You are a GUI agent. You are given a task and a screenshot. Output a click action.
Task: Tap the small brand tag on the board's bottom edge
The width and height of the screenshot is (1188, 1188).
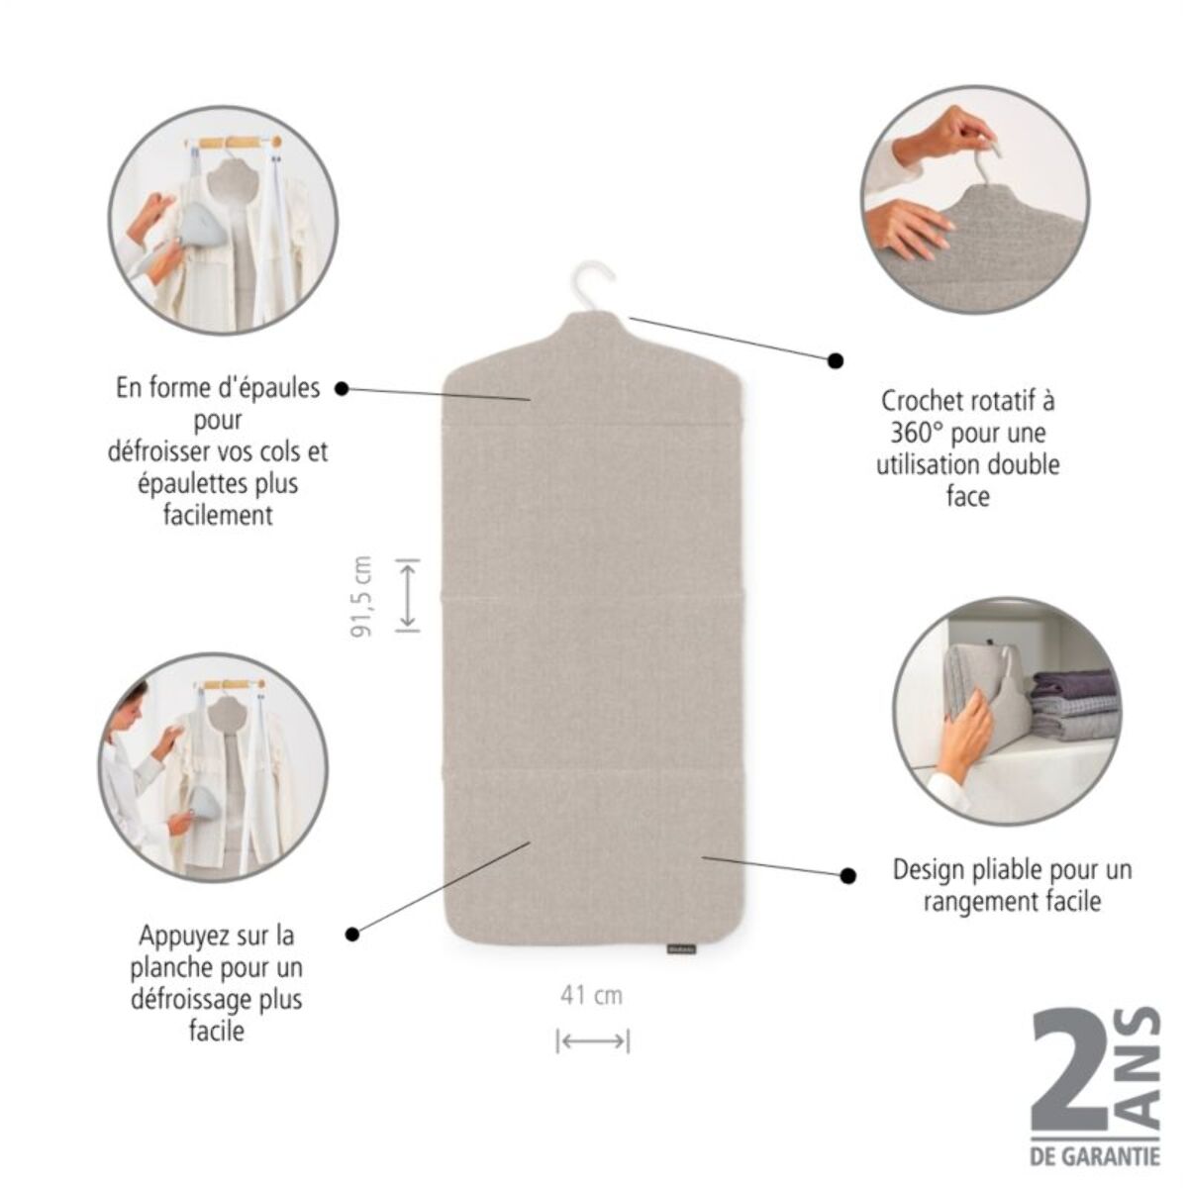[680, 948]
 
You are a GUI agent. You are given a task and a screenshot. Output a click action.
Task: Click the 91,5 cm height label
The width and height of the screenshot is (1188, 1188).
[363, 595]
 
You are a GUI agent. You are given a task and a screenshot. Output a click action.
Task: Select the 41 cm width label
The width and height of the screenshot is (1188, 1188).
[591, 995]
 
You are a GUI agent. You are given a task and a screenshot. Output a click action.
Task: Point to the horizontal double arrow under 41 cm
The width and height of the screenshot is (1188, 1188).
[592, 1040]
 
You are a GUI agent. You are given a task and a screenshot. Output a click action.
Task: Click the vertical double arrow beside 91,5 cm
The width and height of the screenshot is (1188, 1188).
[407, 595]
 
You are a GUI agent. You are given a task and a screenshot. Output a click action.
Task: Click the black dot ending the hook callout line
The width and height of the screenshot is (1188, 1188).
[836, 360]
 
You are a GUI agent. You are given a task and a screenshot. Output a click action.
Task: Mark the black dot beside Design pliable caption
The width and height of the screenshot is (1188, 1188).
[847, 875]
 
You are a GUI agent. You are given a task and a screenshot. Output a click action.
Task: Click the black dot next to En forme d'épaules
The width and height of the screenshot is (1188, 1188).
[342, 388]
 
